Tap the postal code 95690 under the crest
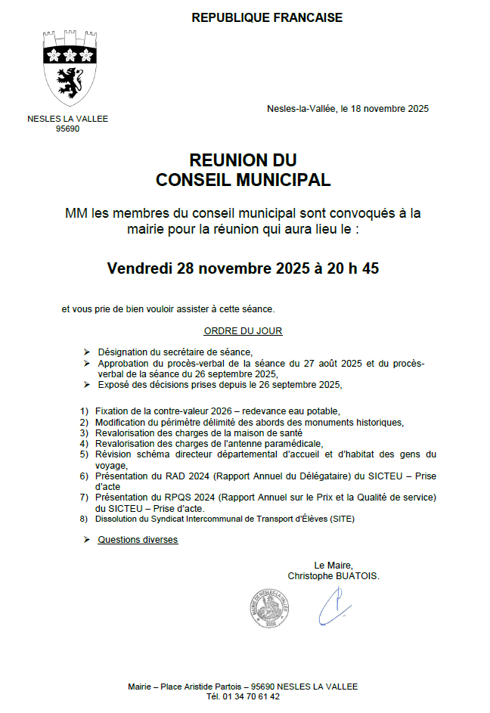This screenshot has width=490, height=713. click(x=68, y=129)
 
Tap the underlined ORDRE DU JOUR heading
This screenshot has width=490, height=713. click(x=243, y=331)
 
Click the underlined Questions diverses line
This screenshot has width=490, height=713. click(x=138, y=540)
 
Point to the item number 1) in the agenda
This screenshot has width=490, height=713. click(x=84, y=410)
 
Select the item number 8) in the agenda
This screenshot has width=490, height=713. click(x=84, y=519)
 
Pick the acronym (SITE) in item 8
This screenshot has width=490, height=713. click(x=340, y=519)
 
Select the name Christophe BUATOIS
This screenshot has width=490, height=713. click(x=333, y=575)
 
